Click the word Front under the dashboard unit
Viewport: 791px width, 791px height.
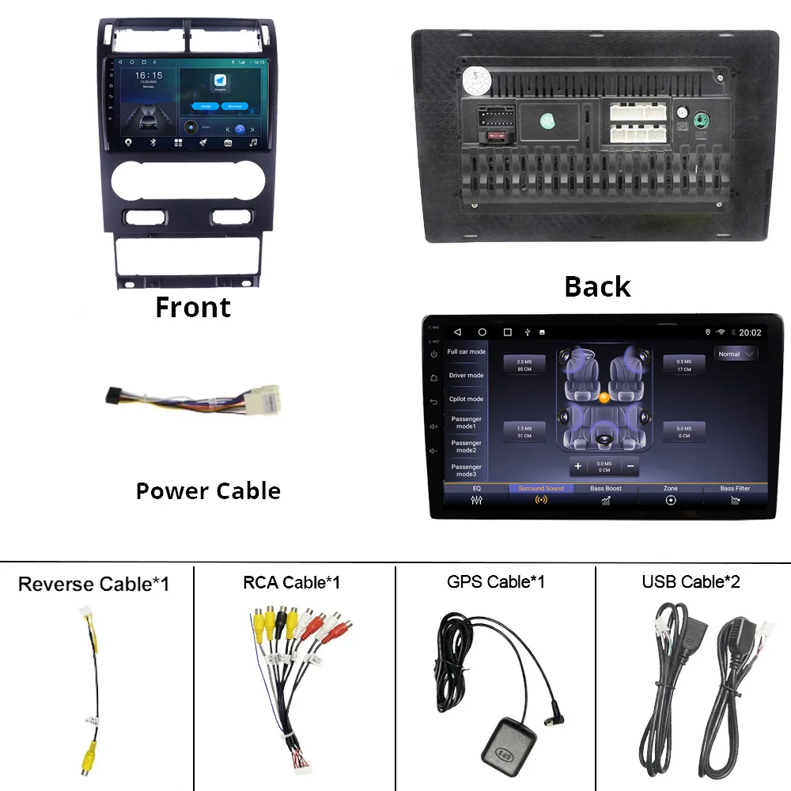click(193, 307)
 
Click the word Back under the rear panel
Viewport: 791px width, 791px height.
click(597, 286)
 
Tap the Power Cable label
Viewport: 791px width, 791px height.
click(208, 490)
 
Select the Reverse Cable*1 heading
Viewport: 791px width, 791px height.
click(93, 585)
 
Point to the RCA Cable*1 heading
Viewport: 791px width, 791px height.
click(292, 583)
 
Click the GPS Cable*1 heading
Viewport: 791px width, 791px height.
click(496, 582)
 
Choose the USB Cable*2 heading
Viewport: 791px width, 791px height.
click(691, 582)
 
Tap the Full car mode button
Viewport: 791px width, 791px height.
click(467, 352)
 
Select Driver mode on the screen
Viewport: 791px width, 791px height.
click(467, 376)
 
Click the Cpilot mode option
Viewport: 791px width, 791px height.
click(467, 399)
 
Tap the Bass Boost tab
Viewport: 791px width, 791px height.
click(606, 494)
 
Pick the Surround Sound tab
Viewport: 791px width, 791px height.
click(541, 494)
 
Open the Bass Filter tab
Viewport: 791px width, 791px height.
click(735, 494)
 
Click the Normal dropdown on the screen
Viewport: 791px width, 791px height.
click(735, 354)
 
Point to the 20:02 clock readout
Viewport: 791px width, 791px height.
click(750, 333)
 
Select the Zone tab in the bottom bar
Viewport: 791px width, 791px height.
click(671, 494)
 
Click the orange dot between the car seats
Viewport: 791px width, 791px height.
click(604, 398)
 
